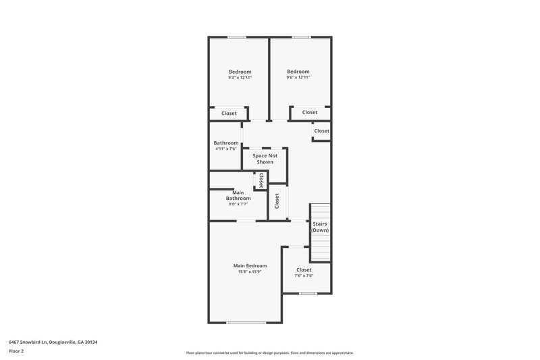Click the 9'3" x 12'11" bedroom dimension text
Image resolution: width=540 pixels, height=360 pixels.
[x=240, y=78]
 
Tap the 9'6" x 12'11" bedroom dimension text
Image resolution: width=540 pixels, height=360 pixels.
[x=298, y=78]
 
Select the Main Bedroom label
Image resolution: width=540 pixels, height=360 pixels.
[x=250, y=265]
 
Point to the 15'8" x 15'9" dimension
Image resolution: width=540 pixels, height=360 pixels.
[x=250, y=272]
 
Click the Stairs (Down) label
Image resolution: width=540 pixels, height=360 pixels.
[x=320, y=226]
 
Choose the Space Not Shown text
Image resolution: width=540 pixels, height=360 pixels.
[x=264, y=159]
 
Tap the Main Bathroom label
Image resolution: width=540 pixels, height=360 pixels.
[x=238, y=195]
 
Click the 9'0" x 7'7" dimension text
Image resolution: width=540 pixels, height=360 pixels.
[x=238, y=204]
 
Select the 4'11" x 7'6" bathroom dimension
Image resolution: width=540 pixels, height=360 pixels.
[x=226, y=149]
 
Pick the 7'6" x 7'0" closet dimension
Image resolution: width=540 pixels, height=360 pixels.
[x=304, y=276]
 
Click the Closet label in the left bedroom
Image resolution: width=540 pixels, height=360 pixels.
[x=229, y=113]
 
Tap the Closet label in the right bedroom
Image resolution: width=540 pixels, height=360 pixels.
[x=310, y=112]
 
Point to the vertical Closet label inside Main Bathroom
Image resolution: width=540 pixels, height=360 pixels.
[x=260, y=180]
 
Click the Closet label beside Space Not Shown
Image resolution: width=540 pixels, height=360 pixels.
[x=277, y=201]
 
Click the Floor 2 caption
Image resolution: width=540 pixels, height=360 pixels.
[x=16, y=351]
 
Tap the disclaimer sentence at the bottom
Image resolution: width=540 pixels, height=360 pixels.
[x=269, y=353]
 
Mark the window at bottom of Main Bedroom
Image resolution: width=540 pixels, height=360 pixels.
[x=246, y=322]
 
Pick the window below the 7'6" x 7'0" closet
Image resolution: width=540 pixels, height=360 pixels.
[x=308, y=293]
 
